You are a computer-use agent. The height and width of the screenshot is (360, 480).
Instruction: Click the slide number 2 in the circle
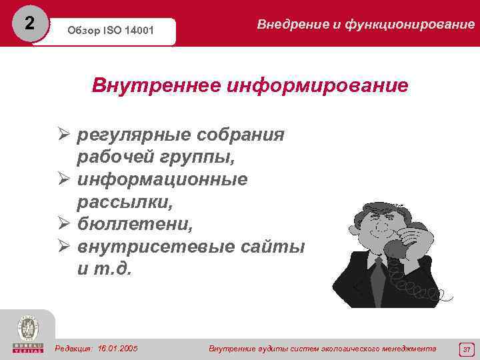tap(28, 23)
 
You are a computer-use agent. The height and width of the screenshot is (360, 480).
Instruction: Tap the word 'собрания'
tap(241, 135)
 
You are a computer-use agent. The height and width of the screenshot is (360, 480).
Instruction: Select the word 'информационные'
tap(162, 179)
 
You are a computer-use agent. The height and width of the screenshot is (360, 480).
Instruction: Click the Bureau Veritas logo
tap(27, 333)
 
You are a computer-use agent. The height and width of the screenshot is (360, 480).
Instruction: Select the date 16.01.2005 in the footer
tap(117, 348)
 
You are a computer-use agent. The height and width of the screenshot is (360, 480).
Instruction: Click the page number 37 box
tap(466, 348)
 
